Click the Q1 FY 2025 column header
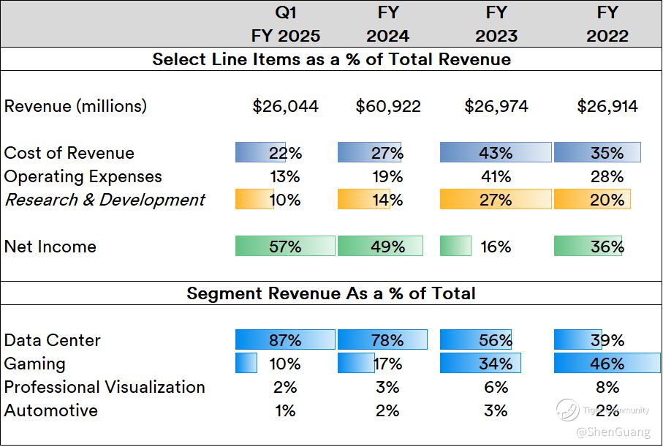point(285,24)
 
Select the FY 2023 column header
point(496,24)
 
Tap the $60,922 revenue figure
point(387,106)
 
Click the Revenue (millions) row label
point(75,106)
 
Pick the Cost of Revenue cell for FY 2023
point(496,153)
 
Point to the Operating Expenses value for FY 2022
point(607,176)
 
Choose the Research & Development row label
point(105,200)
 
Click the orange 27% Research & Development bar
point(496,200)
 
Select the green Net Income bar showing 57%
point(285,247)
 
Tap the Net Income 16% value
point(496,247)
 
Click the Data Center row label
point(52,340)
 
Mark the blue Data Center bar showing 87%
point(285,340)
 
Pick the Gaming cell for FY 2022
point(607,364)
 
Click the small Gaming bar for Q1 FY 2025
point(246,364)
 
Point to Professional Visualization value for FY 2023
point(496,387)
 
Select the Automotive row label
point(51,410)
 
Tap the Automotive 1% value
point(285,410)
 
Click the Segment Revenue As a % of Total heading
point(331,293)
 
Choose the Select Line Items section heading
point(331,59)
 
